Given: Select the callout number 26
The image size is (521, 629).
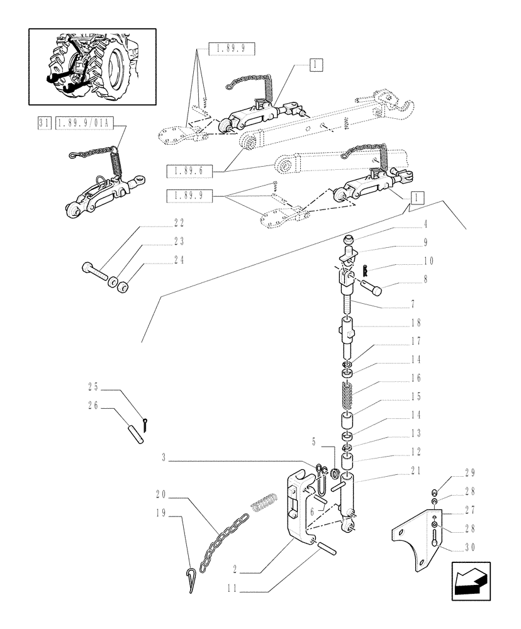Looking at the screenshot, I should [x=93, y=406].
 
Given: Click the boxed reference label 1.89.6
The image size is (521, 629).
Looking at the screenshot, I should [x=189, y=170].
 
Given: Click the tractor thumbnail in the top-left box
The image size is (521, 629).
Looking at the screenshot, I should [x=92, y=66].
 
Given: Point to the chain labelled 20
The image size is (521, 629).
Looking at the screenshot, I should [x=223, y=537].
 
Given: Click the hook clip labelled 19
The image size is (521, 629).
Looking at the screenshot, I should [x=192, y=579].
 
